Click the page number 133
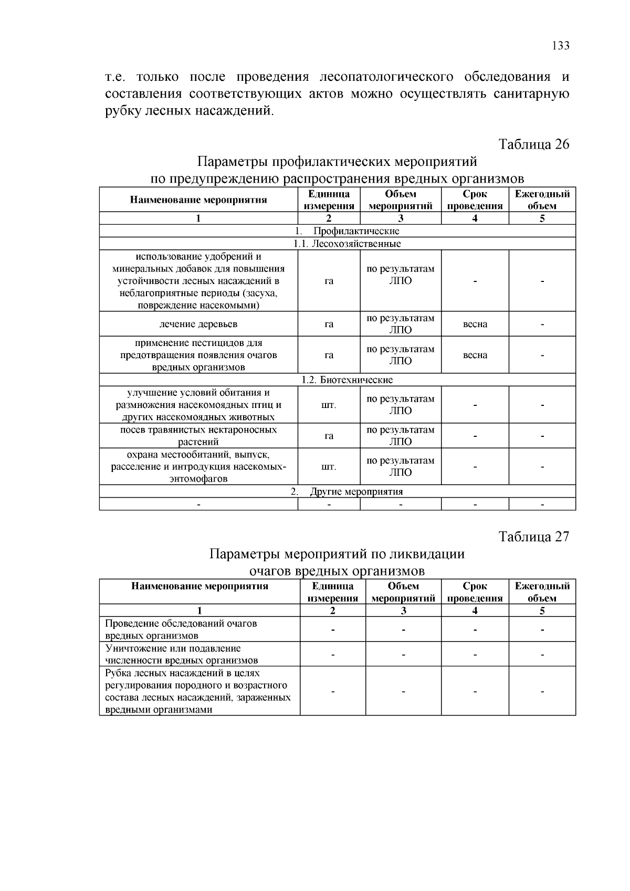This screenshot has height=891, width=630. click(560, 46)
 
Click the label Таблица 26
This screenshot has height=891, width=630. click(533, 144)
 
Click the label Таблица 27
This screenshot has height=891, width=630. click(533, 537)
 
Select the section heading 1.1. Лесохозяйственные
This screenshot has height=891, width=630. click(347, 244)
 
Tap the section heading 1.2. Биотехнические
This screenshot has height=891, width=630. click(347, 380)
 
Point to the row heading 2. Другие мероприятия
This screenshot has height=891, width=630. click(347, 491)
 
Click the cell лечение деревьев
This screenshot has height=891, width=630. click(198, 324)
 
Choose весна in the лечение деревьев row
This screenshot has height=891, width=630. click(475, 324)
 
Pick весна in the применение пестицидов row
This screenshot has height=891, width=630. click(475, 355)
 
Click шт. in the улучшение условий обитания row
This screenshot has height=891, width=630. click(329, 405)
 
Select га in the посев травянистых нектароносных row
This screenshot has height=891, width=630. click(329, 436)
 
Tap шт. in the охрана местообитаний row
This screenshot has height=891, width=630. click(329, 466)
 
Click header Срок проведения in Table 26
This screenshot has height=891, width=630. click(475, 200)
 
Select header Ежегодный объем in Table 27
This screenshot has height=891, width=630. click(542, 592)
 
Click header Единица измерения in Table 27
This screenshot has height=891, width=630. click(332, 592)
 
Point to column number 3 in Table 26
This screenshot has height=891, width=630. click(401, 218)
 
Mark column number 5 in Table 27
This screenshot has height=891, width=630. click(542, 610)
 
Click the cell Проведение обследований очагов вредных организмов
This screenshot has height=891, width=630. click(181, 629)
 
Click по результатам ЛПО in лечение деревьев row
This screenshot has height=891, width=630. click(401, 324)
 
